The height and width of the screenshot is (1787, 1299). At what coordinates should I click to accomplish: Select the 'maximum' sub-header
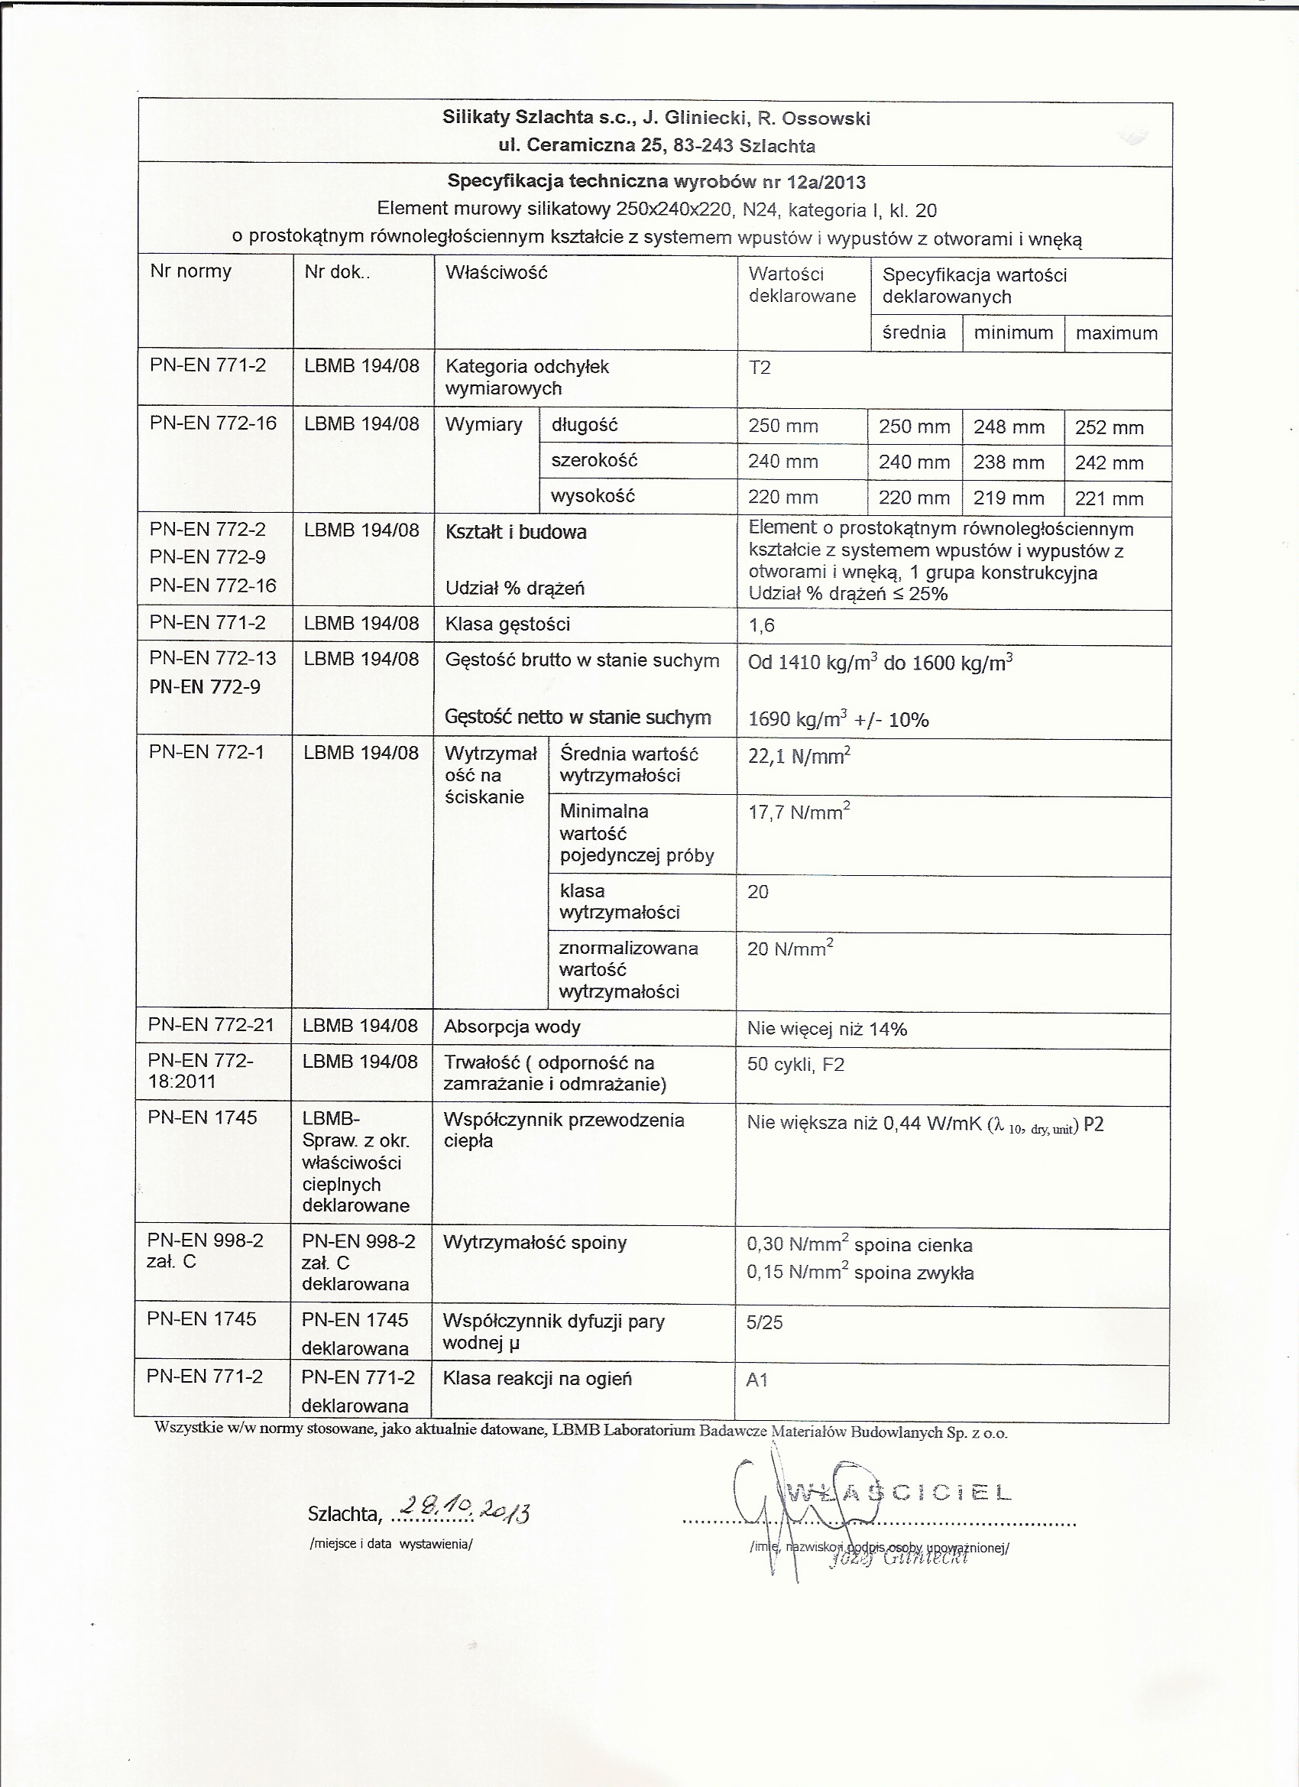tap(1116, 333)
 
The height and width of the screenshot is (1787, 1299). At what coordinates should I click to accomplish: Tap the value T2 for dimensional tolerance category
tap(760, 368)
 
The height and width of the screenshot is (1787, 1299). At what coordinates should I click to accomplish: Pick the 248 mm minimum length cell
tap(1009, 427)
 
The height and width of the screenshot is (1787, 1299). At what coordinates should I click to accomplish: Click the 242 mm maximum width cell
tap(1109, 463)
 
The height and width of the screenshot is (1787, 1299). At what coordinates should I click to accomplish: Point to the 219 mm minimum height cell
tap(1009, 498)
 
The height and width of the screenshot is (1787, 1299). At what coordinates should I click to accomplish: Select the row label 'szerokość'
tap(594, 460)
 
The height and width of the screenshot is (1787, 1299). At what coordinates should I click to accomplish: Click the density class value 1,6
tap(762, 626)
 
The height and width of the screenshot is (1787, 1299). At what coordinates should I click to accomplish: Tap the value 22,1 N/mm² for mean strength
tap(799, 757)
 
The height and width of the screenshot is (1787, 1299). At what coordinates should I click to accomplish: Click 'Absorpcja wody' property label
tap(512, 1026)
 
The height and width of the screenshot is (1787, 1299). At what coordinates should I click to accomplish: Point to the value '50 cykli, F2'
tap(795, 1065)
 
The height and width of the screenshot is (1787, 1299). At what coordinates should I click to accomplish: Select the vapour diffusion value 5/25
tap(765, 1322)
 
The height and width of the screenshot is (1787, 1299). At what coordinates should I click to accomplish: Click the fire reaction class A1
tap(756, 1380)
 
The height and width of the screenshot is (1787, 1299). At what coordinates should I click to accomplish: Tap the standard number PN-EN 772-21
tap(211, 1025)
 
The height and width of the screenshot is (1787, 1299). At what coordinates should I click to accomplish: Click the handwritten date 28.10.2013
tap(465, 1510)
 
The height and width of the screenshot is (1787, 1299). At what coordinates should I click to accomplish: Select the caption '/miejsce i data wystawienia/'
tap(391, 1543)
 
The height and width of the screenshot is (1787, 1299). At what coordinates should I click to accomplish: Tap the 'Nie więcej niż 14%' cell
tap(827, 1029)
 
